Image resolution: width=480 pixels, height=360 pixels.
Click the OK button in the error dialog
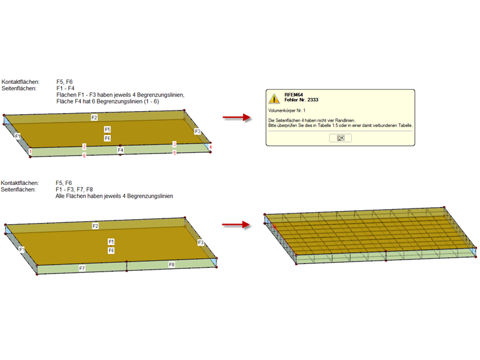(340, 138)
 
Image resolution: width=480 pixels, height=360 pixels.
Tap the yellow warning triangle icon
(273, 99)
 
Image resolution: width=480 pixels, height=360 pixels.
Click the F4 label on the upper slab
(120, 150)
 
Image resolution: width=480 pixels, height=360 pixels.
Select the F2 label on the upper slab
(94, 117)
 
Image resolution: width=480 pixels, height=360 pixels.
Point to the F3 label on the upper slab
(198, 131)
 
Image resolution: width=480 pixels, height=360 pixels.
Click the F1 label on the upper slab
(18, 136)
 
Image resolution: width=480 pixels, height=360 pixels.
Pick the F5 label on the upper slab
(108, 129)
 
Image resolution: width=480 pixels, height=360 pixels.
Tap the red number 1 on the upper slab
(30, 152)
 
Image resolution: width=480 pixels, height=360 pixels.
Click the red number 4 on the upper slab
(210, 147)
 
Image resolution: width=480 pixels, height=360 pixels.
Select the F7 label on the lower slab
(82, 268)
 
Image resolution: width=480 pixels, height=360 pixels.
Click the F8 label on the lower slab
(171, 264)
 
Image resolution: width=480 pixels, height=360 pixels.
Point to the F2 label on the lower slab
(95, 225)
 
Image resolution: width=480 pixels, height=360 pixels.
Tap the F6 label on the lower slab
(111, 251)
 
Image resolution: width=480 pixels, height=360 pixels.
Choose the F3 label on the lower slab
(201, 243)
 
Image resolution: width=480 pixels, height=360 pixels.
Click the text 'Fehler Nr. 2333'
(301, 100)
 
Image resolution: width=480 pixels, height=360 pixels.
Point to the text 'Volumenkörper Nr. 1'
(287, 111)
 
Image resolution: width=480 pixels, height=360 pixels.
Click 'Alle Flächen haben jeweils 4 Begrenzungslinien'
(114, 196)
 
